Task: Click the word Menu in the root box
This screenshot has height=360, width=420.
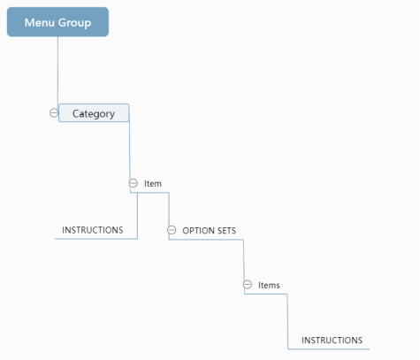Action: pos(40,23)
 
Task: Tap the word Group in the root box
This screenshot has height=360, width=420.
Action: pos(74,23)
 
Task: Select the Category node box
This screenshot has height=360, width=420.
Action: pos(94,113)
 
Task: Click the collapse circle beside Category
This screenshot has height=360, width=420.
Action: pos(54,113)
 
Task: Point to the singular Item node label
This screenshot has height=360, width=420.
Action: pos(153,184)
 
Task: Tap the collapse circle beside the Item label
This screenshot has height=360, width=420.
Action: pos(134,183)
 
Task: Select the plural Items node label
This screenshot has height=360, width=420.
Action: pos(269,286)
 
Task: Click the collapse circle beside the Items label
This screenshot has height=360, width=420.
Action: pos(248,285)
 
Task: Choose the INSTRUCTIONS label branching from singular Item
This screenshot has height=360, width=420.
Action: pos(93,230)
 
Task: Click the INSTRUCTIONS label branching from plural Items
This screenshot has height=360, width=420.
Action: pos(332,341)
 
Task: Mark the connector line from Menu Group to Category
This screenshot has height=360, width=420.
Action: pos(57,70)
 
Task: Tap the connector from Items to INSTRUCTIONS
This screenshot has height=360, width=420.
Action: pos(287,321)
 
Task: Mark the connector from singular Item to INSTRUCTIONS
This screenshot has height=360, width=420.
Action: pos(137,216)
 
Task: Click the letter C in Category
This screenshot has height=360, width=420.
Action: pos(75,113)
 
